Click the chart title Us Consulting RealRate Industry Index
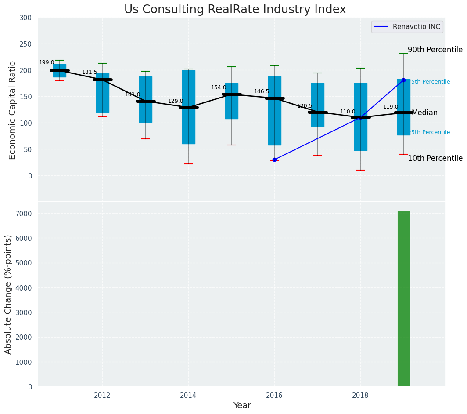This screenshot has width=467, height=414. point(235,10)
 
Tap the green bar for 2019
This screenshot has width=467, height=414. point(403,298)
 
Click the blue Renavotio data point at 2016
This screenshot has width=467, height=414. point(274,160)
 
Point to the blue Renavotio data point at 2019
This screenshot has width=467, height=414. point(403,80)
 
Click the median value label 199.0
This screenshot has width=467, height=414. point(47,63)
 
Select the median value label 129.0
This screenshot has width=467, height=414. point(176,102)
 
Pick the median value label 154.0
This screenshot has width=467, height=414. point(219,88)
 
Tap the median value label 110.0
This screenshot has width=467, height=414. point(348,112)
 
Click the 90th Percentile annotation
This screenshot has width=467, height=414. point(435,50)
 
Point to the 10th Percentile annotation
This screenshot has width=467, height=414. point(435,159)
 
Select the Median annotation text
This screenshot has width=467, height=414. point(424,113)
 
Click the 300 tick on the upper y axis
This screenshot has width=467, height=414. point(25,18)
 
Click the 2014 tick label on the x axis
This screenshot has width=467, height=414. point(188,395)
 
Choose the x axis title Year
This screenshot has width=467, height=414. point(242,406)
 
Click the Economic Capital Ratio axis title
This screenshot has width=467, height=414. point(13,110)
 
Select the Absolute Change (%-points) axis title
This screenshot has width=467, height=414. point(8,294)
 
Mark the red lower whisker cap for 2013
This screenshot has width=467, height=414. point(145,139)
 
